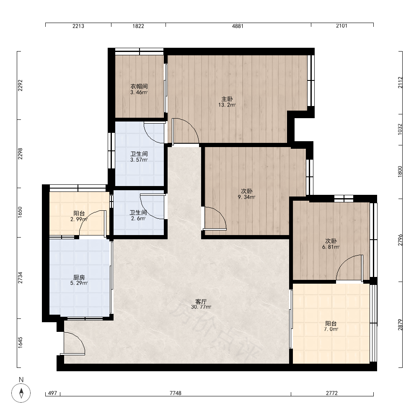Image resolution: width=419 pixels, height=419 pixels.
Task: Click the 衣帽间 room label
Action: tap(139, 86)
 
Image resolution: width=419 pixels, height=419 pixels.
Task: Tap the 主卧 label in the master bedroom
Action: tap(227, 99)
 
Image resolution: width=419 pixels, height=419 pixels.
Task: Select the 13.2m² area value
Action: tap(227, 105)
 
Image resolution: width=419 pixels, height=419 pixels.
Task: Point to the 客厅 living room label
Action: tap(201, 302)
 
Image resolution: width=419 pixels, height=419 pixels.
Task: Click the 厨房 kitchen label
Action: tap(79, 278)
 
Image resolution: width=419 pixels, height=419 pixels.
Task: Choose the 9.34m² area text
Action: tap(246, 197)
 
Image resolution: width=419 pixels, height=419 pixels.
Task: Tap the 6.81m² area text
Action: tap(331, 247)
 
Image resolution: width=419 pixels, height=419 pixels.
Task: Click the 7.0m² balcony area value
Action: tap(331, 329)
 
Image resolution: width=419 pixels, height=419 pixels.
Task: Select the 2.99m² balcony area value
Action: tap(79, 220)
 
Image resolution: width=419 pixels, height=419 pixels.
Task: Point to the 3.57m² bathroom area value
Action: tap(139, 160)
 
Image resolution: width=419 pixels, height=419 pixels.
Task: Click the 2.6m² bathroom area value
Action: tap(138, 219)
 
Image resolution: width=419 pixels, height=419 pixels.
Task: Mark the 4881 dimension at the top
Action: tap(238, 26)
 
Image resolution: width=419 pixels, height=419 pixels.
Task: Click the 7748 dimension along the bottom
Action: tap(176, 393)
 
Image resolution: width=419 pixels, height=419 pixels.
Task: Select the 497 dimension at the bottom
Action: tap(53, 393)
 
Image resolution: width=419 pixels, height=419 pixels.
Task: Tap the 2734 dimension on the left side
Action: tap(20, 278)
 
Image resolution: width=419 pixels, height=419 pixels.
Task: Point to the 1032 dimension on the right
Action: tap(400, 129)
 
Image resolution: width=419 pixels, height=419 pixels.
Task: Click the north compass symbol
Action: tap(21, 393)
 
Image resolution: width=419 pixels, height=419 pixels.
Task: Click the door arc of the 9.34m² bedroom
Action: tap(220, 214)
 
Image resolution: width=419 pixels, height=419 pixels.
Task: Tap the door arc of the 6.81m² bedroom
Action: tap(345, 263)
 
